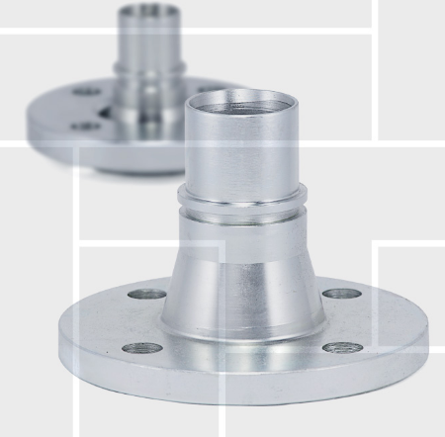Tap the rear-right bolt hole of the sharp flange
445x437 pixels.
(339, 294)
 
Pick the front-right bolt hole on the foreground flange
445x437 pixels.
(342, 347)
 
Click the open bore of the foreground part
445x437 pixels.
(242, 102)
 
